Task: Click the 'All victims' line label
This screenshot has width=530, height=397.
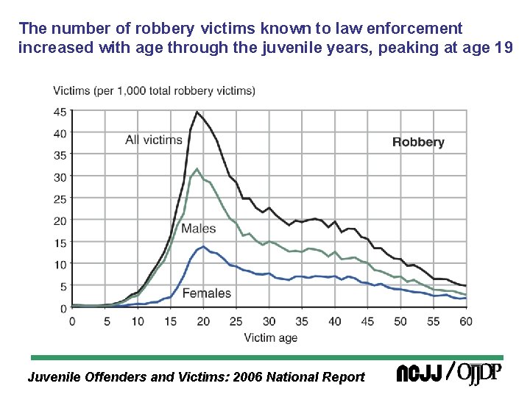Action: coord(154,140)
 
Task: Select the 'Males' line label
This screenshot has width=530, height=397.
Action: coord(198,229)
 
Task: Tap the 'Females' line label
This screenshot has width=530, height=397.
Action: coord(206,293)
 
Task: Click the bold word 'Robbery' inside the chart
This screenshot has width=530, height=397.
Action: coord(418,142)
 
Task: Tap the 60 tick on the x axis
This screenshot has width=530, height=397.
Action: coord(465,321)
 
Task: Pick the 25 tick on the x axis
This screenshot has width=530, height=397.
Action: coord(236,321)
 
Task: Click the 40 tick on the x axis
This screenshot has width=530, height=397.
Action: coord(334,321)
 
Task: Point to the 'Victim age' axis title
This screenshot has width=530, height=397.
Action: coord(270,337)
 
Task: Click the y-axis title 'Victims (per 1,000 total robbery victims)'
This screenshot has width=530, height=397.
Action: coord(154,91)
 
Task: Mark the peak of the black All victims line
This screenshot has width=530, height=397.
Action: coord(197,112)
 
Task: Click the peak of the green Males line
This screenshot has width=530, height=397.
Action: coord(197,169)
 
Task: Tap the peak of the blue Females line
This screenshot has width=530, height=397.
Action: coord(203,246)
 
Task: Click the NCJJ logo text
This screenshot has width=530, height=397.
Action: coord(419,374)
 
